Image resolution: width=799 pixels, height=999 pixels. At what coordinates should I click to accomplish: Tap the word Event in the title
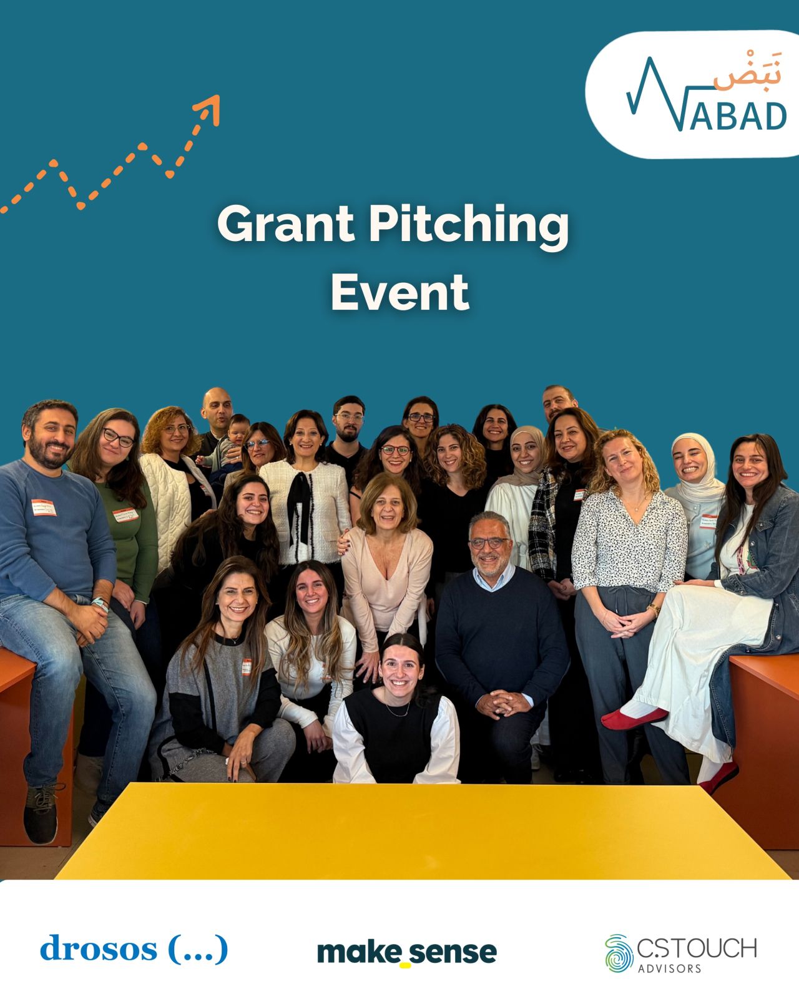tap(399, 292)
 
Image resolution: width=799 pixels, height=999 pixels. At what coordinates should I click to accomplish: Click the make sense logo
tap(407, 952)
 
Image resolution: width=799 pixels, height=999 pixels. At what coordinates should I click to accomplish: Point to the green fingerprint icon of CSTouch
tap(619, 953)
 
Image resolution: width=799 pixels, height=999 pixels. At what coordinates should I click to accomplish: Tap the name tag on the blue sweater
tap(44, 507)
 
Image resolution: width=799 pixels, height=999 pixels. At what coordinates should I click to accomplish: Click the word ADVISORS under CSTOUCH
tap(669, 969)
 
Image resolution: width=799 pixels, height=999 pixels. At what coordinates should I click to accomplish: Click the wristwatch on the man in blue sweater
tap(100, 604)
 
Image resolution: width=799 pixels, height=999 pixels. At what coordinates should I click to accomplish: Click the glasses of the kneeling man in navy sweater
tap(489, 543)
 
